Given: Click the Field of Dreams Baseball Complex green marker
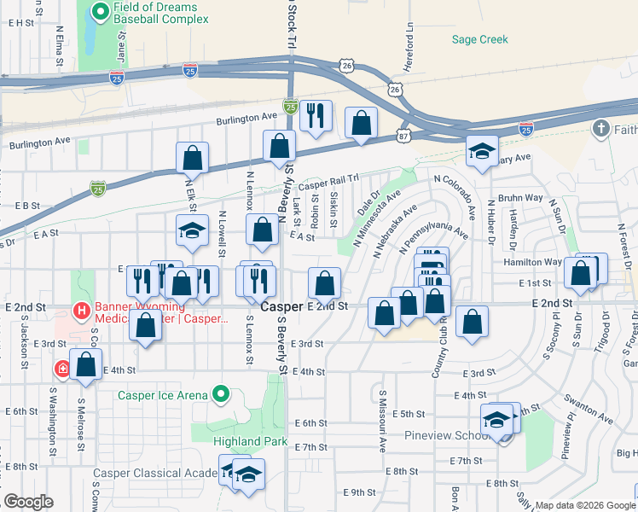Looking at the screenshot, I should (x=100, y=12).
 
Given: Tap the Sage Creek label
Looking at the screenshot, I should (x=479, y=39).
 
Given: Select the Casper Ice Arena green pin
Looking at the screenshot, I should (x=221, y=394).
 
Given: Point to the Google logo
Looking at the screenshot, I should (x=28, y=502).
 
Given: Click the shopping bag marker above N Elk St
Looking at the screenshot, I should (x=193, y=156).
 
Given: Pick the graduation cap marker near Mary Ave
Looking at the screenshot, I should (x=482, y=152).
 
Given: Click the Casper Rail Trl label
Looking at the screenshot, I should (x=325, y=183).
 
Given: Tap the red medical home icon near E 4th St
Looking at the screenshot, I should (x=63, y=369).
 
